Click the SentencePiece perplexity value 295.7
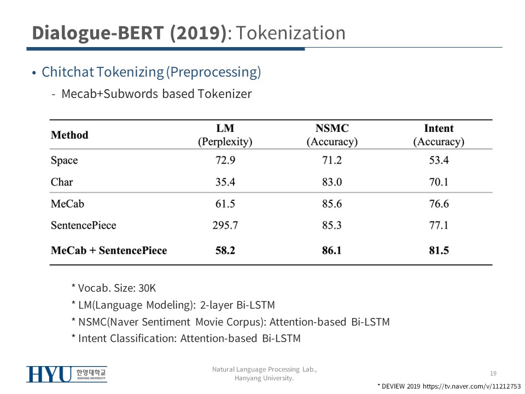point(225,225)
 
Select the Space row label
point(64,160)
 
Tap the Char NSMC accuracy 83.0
point(332,182)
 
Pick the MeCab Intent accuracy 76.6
point(439,204)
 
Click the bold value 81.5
point(439,251)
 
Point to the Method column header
point(69,135)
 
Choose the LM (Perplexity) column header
point(225,135)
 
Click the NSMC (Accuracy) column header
point(332,135)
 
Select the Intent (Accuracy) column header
point(439,135)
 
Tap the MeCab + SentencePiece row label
point(109,251)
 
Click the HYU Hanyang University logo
point(67,374)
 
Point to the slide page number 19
point(493,373)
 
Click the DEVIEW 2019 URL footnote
point(449,386)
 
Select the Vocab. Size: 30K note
point(114,288)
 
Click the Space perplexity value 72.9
point(225,160)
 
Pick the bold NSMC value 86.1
point(332,251)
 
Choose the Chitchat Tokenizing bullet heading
point(151,72)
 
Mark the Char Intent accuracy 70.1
point(439,182)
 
